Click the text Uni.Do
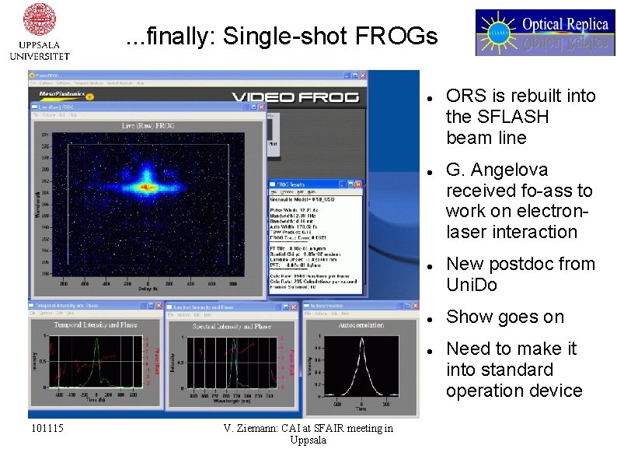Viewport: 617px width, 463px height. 471,285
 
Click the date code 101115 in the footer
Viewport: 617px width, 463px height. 47,429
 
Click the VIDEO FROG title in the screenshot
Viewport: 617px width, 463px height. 295,96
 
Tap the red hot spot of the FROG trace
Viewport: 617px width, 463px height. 145,187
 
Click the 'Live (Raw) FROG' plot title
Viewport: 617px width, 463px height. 150,125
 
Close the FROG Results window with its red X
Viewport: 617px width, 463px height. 359,184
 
